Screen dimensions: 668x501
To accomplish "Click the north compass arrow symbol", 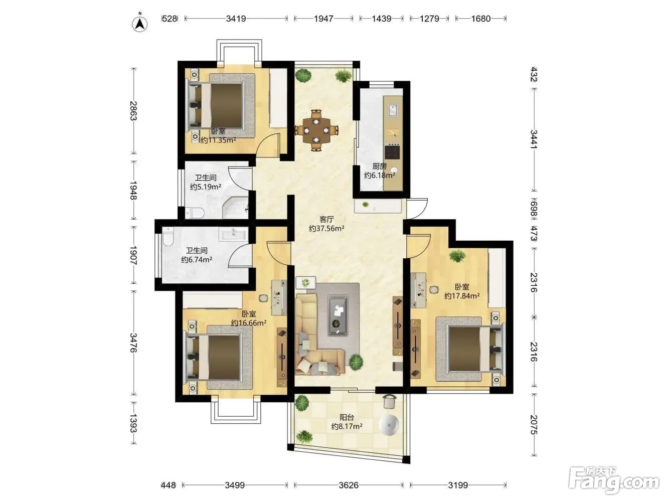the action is pyautogui.click(x=140, y=23).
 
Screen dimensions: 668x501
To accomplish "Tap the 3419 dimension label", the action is pyautogui.click(x=236, y=19).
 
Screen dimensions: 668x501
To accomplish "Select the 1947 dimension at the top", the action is pyautogui.click(x=323, y=19).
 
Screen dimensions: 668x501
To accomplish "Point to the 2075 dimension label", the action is pyautogui.click(x=534, y=425).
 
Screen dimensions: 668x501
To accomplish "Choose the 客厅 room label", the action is pyautogui.click(x=326, y=219).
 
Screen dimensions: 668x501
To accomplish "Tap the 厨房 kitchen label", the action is pyautogui.click(x=380, y=166).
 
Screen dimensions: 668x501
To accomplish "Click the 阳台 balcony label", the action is pyautogui.click(x=347, y=417).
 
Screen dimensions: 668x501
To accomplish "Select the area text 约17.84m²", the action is pyautogui.click(x=462, y=296).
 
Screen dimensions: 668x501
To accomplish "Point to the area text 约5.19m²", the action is pyautogui.click(x=206, y=187).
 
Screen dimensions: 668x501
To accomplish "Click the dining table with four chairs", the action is pyautogui.click(x=316, y=130).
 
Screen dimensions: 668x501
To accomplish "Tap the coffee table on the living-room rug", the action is pyautogui.click(x=338, y=315).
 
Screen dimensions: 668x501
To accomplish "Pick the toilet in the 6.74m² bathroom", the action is pyautogui.click(x=167, y=236).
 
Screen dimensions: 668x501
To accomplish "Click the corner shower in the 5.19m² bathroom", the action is pyautogui.click(x=235, y=208).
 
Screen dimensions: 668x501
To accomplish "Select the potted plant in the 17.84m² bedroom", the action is pyautogui.click(x=457, y=256).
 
